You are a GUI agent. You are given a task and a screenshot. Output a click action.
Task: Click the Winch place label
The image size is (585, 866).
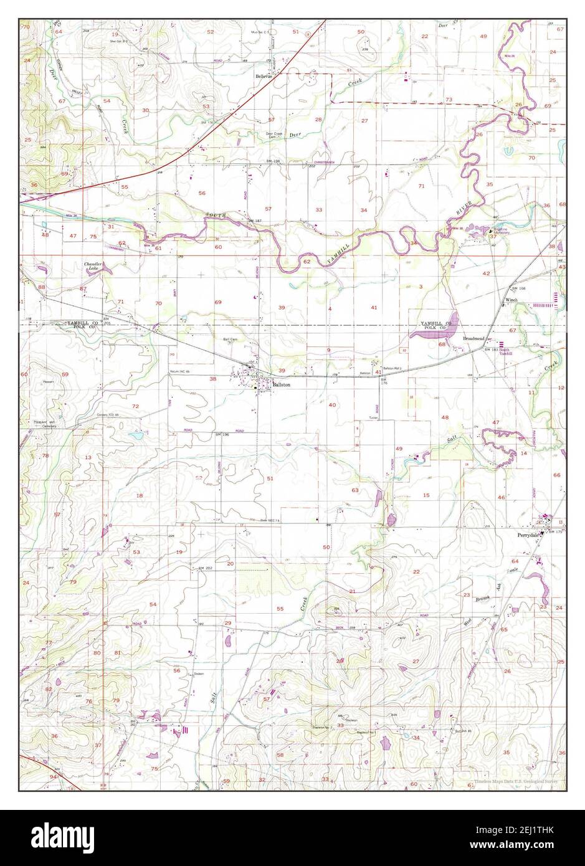tap(511, 300)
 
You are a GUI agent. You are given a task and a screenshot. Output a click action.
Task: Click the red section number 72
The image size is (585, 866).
tap(135, 406)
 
